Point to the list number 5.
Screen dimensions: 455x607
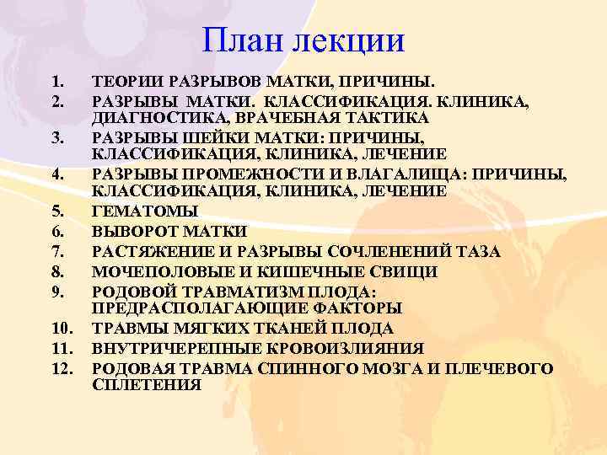(56, 211)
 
